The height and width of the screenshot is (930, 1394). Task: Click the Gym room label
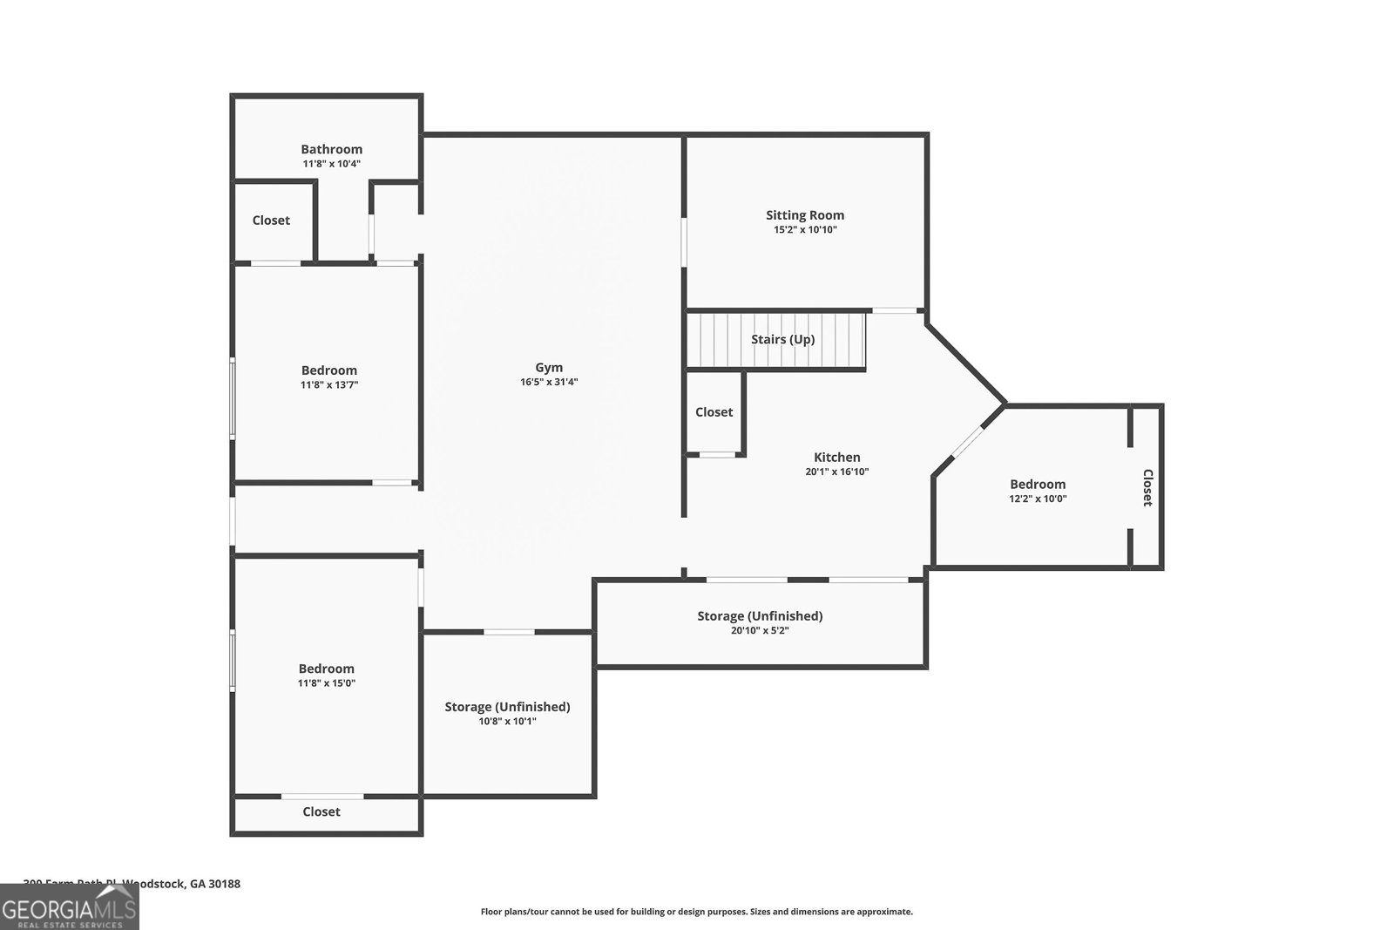pos(549,368)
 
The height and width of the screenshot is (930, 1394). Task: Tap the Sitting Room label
pos(805,215)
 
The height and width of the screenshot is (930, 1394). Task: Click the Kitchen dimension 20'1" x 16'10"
pos(836,472)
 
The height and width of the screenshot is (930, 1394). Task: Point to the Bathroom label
pos(331,149)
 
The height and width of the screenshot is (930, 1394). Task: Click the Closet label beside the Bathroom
pos(271,221)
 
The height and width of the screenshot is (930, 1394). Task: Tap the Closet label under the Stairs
pos(714,412)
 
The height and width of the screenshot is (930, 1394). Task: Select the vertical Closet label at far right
pos(1147,488)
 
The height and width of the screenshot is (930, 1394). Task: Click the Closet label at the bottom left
pos(321,811)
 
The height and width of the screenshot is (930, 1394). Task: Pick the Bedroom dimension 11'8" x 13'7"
pos(329,384)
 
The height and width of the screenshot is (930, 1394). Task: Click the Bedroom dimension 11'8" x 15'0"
pos(326,683)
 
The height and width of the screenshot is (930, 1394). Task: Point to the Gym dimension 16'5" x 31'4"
pos(549,382)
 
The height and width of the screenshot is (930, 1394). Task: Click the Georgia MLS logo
pos(69,906)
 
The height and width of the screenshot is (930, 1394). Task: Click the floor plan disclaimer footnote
pos(697,912)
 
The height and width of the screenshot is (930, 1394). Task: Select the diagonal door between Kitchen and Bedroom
pos(967,442)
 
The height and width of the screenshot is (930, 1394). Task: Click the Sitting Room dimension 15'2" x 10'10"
pos(805,230)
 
